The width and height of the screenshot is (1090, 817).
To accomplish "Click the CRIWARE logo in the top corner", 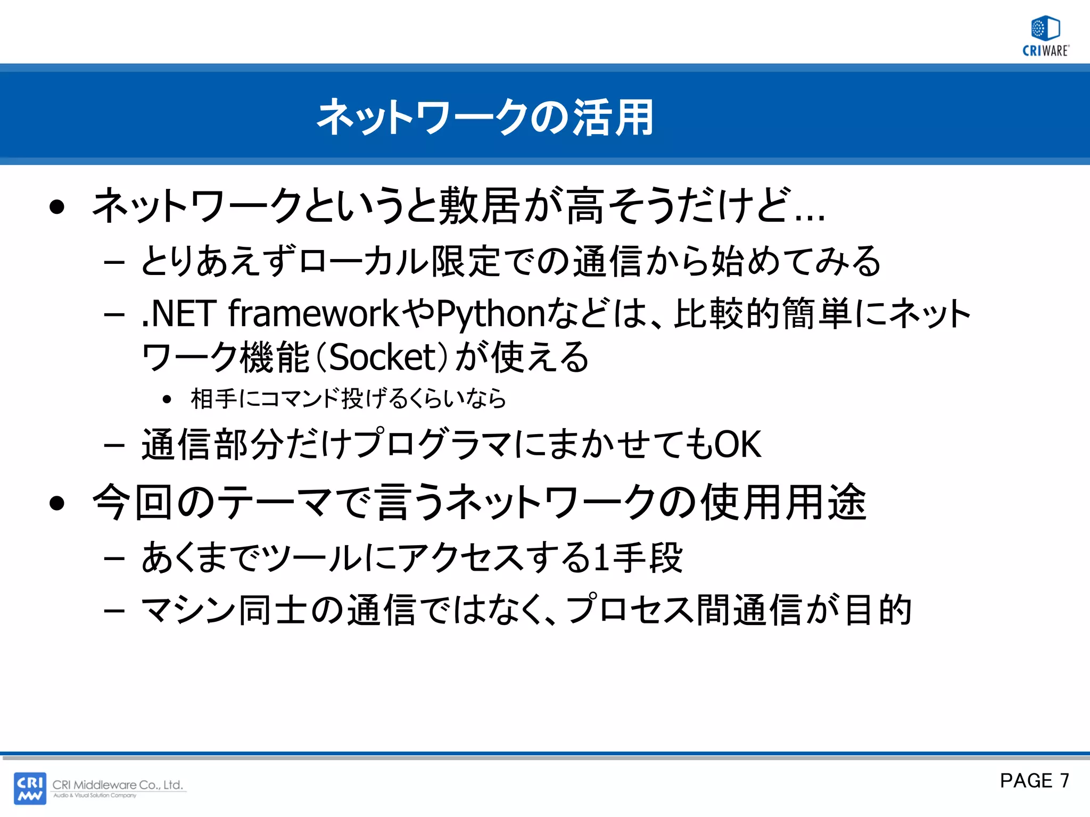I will point(1046,36).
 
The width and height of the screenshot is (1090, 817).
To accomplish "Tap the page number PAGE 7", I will point(1034,780).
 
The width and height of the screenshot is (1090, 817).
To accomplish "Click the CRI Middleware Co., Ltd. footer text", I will point(118,785).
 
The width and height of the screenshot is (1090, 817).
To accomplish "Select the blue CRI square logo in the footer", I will point(30,788).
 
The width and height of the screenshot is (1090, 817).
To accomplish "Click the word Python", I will point(491,314).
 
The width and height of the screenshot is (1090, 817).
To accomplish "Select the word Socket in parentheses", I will point(383,357).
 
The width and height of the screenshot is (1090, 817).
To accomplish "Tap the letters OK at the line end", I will point(738,444).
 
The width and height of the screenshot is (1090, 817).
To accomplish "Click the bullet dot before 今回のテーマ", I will point(57,503).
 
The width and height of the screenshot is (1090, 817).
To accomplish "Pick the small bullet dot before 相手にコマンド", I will point(167,399).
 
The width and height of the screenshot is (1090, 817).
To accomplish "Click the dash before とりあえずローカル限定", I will point(114,262).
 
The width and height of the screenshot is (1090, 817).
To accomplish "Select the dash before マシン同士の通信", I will point(114,611).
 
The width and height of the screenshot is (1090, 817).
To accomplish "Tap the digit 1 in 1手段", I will point(601,558).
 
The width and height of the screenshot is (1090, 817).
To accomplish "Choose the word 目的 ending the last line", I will point(878,611).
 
